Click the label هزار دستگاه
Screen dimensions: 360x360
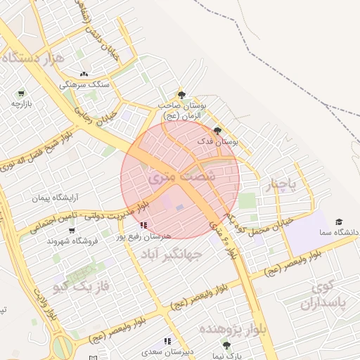tap(34, 57)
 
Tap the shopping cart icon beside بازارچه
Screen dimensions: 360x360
tap(21, 93)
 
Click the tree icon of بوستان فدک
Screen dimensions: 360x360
tap(217, 131)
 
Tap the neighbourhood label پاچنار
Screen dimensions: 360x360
tap(284, 184)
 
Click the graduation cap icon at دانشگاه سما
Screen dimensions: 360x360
tap(340, 221)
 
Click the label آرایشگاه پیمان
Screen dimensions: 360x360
tap(53, 198)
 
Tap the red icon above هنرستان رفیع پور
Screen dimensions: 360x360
tap(144, 225)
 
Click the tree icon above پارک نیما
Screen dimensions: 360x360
tap(226, 345)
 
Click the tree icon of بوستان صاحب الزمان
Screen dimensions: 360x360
tap(182, 94)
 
